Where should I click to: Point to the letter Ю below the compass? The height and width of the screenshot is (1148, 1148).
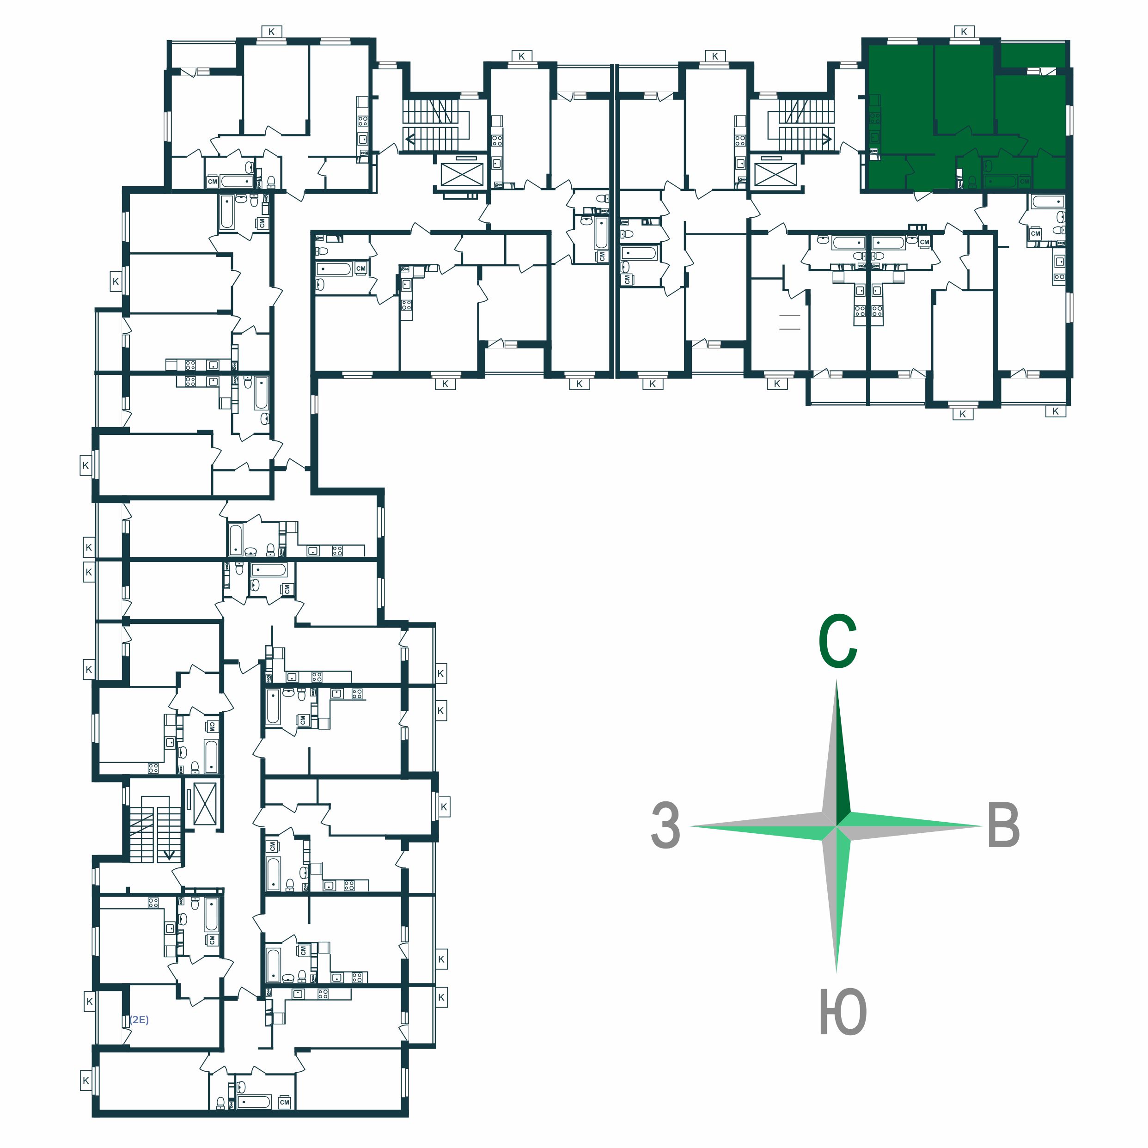[x=843, y=1012]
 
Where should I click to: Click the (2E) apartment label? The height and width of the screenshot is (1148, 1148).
[x=139, y=1020]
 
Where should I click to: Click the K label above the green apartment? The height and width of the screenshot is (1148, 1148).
[x=964, y=31]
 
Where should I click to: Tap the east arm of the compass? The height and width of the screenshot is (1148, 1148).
[x=909, y=826]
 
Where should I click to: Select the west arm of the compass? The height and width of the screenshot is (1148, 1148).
[x=763, y=826]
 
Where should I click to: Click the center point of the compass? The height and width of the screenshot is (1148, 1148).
[x=837, y=826]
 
